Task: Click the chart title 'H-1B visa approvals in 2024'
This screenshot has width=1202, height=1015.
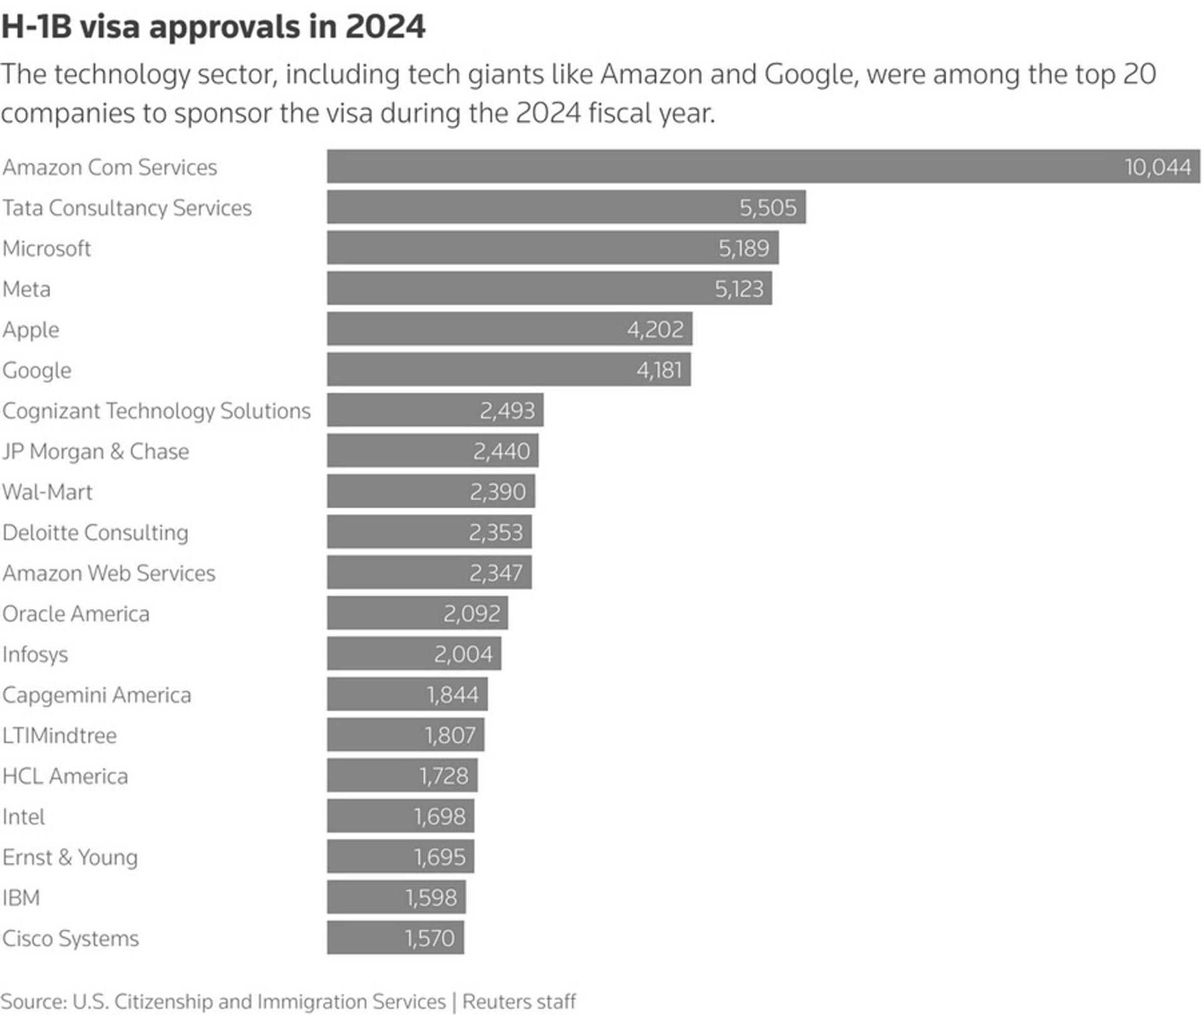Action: [x=213, y=28]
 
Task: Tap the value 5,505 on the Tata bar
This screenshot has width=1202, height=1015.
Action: [x=768, y=207]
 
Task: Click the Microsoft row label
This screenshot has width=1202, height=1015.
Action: [x=47, y=249]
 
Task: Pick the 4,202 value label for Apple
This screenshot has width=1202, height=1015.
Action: [x=655, y=329]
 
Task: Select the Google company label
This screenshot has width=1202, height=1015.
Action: [x=37, y=370]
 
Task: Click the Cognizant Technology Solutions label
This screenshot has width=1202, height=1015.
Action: [x=157, y=411]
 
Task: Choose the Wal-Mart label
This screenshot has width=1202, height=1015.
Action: [x=47, y=492]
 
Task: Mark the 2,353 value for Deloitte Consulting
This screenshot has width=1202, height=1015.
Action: [x=495, y=532]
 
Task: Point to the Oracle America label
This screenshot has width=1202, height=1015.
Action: [x=76, y=614]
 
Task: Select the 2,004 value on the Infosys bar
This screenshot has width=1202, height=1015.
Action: [x=463, y=654]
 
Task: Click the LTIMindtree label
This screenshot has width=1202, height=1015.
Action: [x=59, y=735]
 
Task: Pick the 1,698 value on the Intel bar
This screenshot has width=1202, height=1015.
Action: [x=439, y=817]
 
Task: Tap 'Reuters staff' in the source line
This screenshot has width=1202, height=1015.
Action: [x=519, y=1001]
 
